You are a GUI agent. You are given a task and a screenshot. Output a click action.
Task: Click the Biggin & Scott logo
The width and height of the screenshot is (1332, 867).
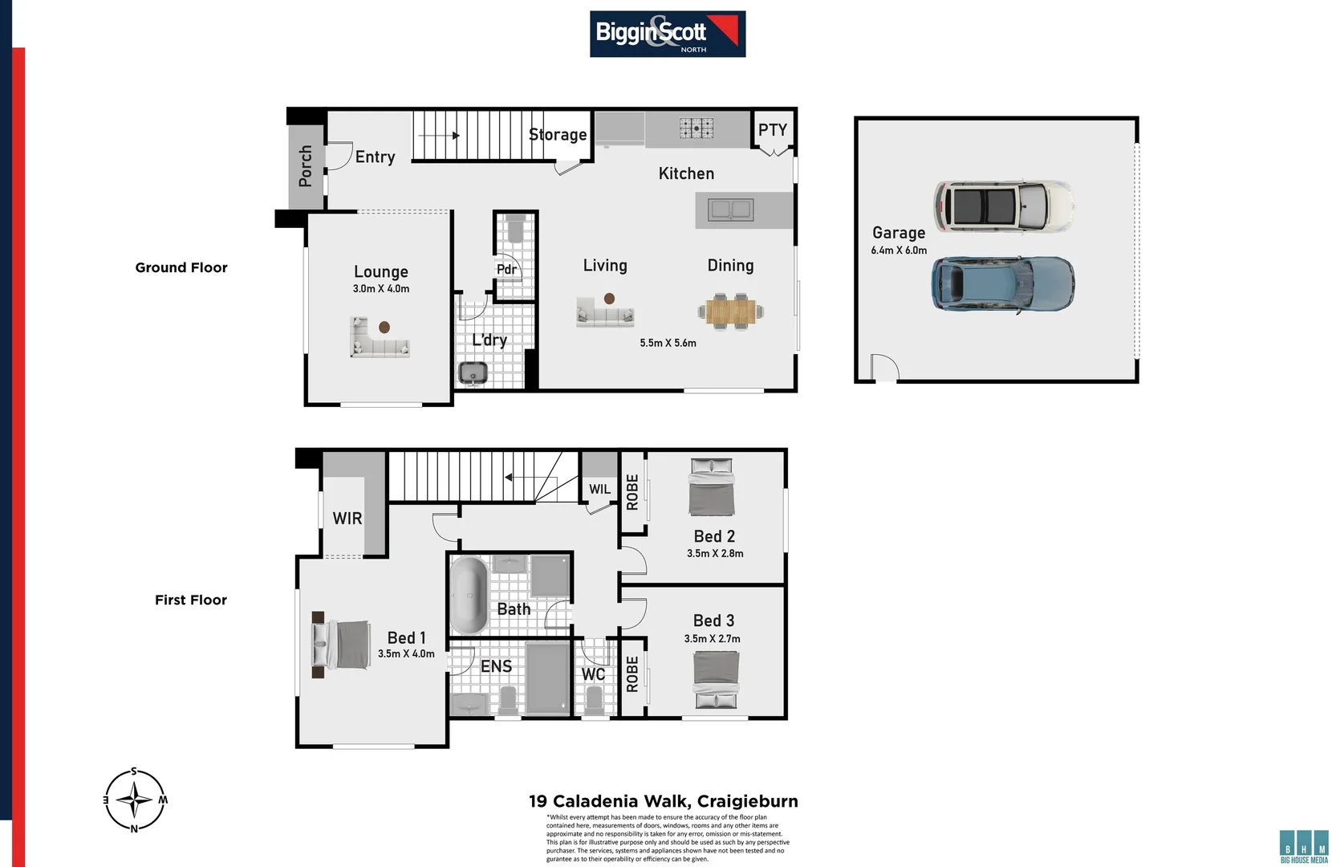tap(667, 34)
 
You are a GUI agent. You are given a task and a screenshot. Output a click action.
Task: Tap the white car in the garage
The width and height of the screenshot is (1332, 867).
tap(1003, 206)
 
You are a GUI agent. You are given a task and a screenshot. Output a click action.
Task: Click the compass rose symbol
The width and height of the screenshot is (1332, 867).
tap(135, 800)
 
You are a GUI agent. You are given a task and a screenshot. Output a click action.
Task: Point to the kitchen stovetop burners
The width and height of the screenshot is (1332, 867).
tap(696, 128)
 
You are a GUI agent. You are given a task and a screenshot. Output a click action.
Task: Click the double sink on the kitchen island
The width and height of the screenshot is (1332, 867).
tap(730, 210)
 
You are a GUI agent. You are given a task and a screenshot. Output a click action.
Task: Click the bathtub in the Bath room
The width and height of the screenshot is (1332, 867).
tap(469, 595)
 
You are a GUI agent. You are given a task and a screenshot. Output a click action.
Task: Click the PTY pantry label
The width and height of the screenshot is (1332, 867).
tap(773, 129)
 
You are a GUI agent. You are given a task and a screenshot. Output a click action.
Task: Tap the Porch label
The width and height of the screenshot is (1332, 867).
tap(305, 166)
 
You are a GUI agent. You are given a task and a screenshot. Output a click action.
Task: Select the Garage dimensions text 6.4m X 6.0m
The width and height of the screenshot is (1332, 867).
tap(899, 250)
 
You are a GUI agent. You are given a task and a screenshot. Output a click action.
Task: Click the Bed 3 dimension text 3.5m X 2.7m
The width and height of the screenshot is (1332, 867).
tap(712, 639)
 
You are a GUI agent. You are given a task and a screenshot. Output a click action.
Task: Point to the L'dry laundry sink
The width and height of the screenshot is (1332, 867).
tap(473, 373)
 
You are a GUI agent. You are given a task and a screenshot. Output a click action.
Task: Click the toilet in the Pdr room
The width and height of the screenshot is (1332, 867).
tap(515, 232)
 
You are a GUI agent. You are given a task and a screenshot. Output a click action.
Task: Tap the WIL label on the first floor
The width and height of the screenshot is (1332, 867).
tap(599, 489)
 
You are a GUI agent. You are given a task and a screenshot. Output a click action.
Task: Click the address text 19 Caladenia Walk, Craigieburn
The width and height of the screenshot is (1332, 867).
tap(663, 801)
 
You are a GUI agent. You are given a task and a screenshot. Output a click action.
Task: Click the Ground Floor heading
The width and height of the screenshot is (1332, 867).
tap(181, 267)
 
